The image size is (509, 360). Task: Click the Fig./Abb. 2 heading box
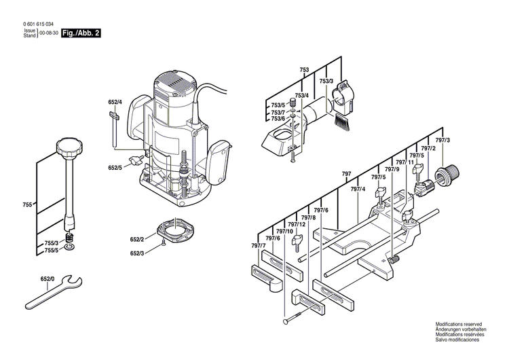point(81,33)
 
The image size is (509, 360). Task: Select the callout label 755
point(27,205)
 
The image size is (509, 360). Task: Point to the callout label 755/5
point(52,251)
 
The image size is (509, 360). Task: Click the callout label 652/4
point(115,103)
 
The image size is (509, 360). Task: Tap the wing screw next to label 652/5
point(140,161)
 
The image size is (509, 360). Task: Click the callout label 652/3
point(137,253)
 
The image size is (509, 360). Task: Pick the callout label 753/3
point(326,82)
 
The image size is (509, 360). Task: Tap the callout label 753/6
point(278,119)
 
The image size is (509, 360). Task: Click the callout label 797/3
point(443,140)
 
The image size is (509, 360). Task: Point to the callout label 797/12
point(296,224)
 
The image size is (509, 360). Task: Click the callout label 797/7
point(258,245)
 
